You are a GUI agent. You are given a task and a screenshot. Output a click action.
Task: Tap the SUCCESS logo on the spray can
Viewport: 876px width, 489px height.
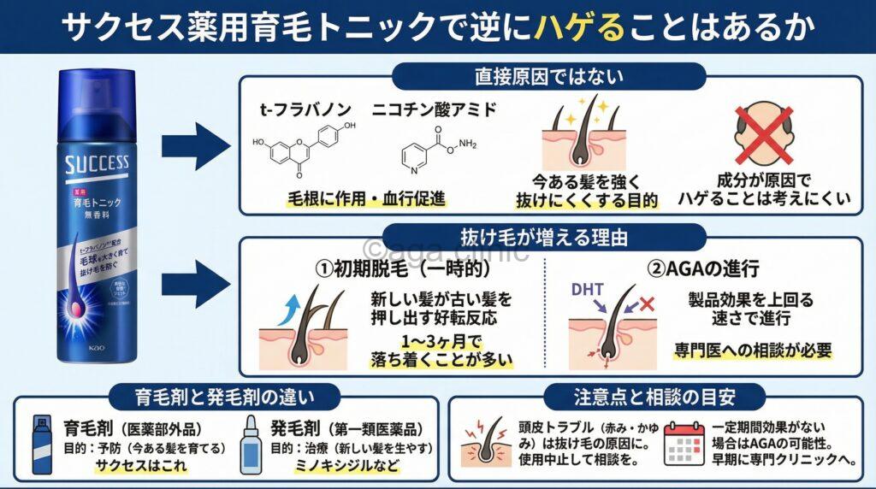(97, 162)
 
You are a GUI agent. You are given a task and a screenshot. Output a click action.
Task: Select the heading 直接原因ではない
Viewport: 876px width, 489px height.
(548, 76)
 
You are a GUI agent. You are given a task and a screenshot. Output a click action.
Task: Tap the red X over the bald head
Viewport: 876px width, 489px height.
(763, 138)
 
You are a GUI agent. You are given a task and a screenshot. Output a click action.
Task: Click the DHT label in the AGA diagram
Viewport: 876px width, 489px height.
(599, 291)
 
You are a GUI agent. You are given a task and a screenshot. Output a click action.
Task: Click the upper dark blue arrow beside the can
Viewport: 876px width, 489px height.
(196, 142)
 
